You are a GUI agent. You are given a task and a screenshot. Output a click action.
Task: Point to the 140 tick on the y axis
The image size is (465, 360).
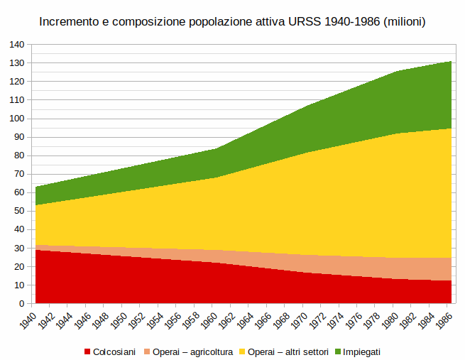[x=16, y=44]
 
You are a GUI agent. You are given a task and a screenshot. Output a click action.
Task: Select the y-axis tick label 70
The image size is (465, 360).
[x=18, y=174]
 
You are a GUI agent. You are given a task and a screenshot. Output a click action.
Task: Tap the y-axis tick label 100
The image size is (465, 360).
[x=16, y=119]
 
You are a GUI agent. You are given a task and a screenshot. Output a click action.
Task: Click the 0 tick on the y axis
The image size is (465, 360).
[x=21, y=303]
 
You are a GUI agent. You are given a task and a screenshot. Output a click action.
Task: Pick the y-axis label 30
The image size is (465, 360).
[x=18, y=248]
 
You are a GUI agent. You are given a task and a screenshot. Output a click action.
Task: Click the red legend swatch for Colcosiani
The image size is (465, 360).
[x=88, y=351]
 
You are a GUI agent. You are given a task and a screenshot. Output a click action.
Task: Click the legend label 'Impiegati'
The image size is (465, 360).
[x=362, y=351]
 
